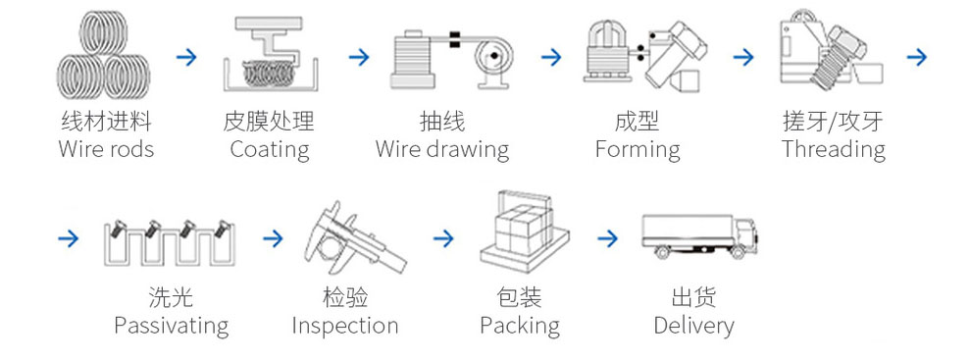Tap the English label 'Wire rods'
tap(106, 149)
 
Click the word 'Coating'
tap(270, 150)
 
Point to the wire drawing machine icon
tap(451, 59)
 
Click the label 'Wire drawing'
tap(442, 150)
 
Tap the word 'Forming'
tap(638, 150)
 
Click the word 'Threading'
tap(834, 150)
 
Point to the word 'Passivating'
tap(172, 326)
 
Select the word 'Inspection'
tap(345, 326)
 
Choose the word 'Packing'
tap(520, 326)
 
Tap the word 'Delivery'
tap(694, 326)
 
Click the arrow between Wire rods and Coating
tap(186, 58)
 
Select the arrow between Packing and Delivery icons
tap(608, 238)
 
